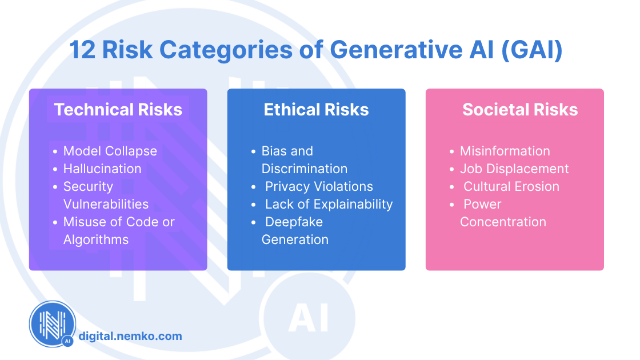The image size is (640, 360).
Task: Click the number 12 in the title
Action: point(84,50)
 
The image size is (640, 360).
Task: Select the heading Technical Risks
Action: point(118,110)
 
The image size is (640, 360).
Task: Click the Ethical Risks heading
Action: point(316,110)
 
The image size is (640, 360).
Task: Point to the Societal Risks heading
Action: point(520,110)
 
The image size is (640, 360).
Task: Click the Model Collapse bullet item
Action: point(110,151)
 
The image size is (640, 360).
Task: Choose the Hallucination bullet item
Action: point(102,169)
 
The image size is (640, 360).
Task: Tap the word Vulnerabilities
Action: point(106,204)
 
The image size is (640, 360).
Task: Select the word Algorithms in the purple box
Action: point(96,239)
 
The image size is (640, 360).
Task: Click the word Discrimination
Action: point(305,169)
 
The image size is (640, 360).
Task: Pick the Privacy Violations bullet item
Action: point(319,186)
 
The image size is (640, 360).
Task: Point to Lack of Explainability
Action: point(329,204)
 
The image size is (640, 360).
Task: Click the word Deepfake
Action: point(294,222)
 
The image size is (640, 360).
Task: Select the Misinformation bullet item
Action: point(505,151)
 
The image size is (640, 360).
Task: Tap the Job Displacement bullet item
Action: point(514,169)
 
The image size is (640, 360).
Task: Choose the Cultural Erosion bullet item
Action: point(511,186)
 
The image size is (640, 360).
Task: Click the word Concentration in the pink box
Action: point(503,222)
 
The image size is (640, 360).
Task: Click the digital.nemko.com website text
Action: point(130,336)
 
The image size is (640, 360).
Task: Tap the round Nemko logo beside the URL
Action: point(53,324)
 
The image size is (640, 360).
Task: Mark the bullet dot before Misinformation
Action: point(452,151)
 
